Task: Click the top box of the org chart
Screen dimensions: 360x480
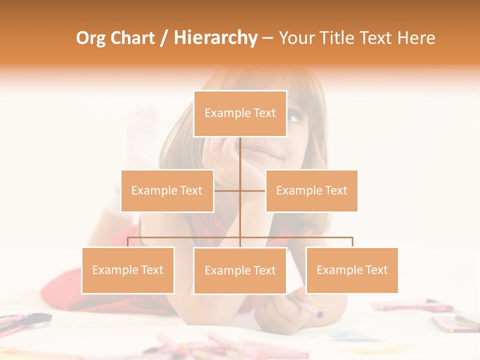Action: (x=240, y=113)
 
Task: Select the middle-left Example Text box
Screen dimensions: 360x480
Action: (x=167, y=190)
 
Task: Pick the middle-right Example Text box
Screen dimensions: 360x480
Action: (x=311, y=190)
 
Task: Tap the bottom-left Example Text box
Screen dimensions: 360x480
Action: (x=128, y=270)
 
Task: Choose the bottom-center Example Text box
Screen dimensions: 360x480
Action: (x=240, y=270)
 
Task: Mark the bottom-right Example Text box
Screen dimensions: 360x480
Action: (x=352, y=270)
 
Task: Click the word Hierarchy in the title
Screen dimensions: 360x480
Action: (x=215, y=38)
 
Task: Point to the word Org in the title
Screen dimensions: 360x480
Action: (x=91, y=38)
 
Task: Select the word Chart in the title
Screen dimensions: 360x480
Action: (x=133, y=38)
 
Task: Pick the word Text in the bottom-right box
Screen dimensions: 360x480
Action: (x=376, y=270)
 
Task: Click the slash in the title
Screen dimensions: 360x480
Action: (x=164, y=38)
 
